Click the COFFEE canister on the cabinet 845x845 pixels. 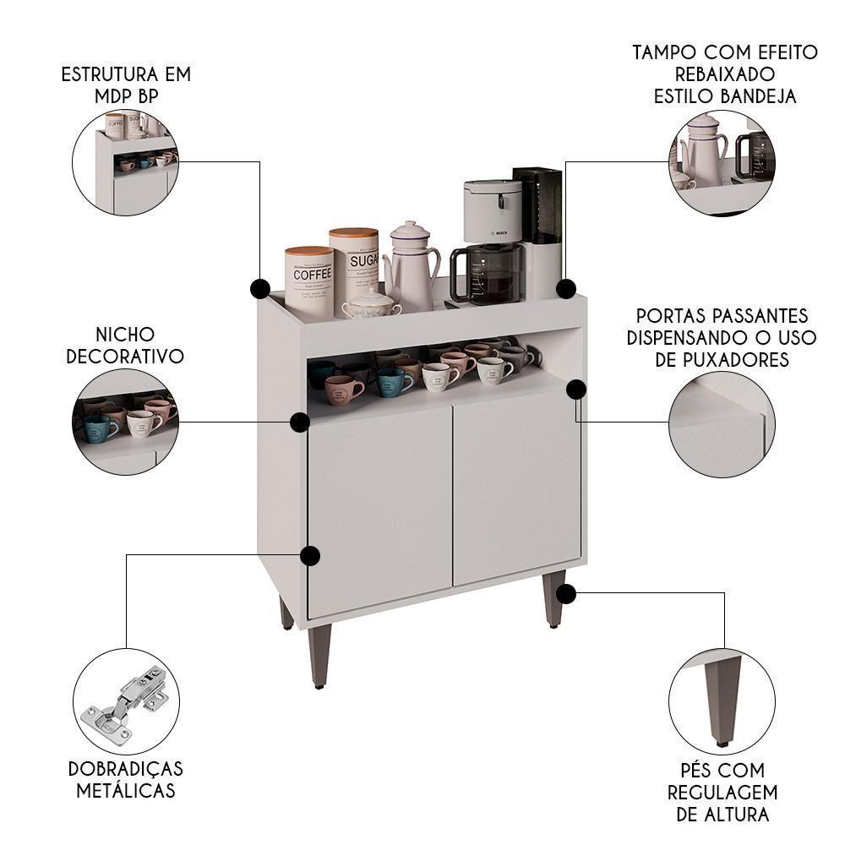[309, 279]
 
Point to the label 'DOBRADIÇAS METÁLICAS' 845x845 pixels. [126, 780]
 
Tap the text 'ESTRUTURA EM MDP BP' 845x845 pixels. [126, 84]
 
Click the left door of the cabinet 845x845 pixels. [379, 507]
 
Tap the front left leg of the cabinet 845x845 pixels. [319, 655]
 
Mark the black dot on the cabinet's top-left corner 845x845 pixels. [260, 288]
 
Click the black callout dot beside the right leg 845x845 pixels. [566, 594]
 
